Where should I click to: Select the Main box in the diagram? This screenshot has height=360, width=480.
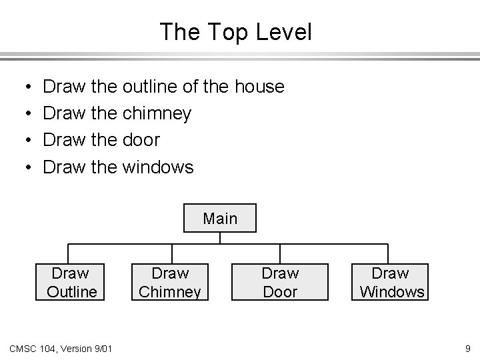[220, 219]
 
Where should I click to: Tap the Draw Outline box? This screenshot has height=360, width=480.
[71, 282]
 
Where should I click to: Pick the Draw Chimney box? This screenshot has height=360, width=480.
[170, 282]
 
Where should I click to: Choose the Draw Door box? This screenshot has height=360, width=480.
[280, 282]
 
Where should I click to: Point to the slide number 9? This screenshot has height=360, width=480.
[468, 347]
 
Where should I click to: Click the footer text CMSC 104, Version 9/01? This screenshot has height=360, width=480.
[61, 347]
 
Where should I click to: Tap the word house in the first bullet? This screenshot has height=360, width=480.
[259, 87]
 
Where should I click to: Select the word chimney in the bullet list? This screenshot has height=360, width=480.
[157, 114]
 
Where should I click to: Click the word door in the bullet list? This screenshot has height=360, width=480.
[141, 140]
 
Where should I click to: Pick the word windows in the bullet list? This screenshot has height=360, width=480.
[159, 167]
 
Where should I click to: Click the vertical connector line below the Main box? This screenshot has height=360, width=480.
[220, 238]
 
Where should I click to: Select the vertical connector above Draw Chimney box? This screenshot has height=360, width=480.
[172, 253]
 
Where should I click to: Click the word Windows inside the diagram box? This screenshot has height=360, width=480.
[392, 291]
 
